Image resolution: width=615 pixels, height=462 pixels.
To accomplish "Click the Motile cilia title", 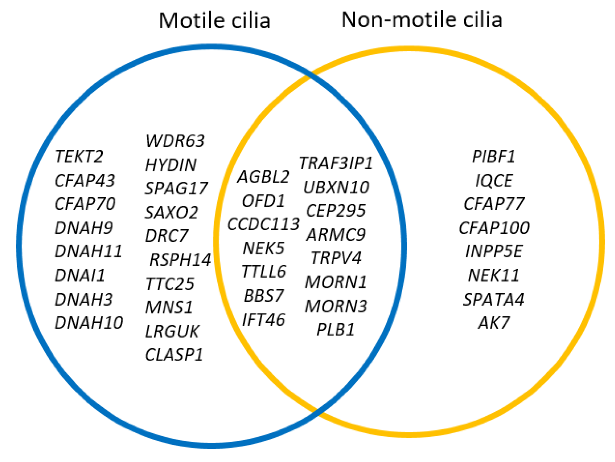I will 214,20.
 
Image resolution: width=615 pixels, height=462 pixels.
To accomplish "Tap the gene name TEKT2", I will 79,156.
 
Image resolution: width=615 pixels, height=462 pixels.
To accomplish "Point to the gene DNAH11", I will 88,251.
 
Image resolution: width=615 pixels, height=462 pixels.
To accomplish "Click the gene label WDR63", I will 175,141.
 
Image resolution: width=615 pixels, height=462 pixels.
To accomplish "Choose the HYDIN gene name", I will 171,165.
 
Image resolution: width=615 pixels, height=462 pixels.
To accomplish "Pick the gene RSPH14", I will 180,260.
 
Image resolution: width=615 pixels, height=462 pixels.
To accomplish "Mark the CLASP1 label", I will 174,355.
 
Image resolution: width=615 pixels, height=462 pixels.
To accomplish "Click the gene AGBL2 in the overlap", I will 263,176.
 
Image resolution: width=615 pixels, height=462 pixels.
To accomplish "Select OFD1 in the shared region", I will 263,201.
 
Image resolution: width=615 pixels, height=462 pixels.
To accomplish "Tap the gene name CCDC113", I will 263,224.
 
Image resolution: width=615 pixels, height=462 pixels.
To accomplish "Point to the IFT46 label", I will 263,320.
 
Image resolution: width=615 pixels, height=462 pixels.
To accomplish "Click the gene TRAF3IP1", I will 336,163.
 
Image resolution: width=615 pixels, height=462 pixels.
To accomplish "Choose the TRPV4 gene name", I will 336,258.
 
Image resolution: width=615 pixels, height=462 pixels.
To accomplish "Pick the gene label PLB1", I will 336,329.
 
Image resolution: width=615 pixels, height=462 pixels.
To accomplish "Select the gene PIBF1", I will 494,156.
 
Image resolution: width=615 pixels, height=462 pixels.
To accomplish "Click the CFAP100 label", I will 494,228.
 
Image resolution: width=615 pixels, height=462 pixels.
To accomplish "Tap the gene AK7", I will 494,323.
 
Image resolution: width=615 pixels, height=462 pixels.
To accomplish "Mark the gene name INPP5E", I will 494,251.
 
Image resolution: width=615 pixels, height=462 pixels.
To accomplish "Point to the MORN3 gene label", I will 336,306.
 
